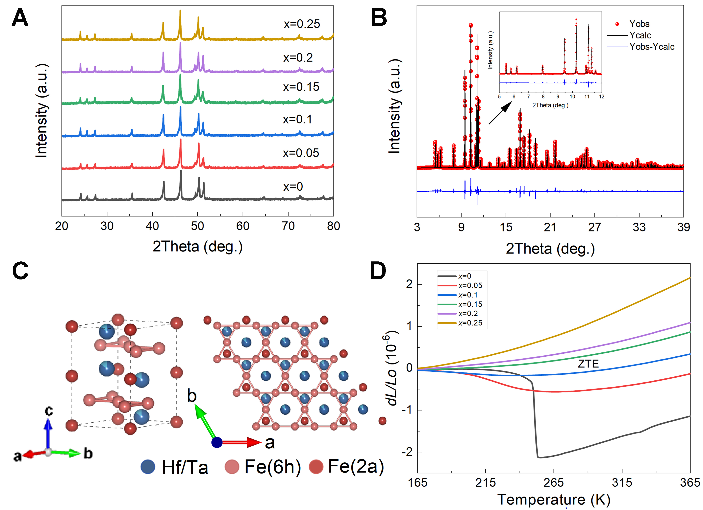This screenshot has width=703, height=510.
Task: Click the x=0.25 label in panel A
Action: tap(302, 24)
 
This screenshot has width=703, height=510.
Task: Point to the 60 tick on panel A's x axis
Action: tap(243, 226)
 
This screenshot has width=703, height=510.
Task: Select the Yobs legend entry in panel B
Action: tap(639, 24)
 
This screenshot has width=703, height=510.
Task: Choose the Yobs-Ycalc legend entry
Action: tap(652, 47)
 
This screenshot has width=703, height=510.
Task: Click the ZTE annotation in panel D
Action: tap(588, 364)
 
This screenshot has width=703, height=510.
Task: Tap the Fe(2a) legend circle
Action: tap(316, 467)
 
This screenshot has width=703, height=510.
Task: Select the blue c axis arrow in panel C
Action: tap(48, 433)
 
